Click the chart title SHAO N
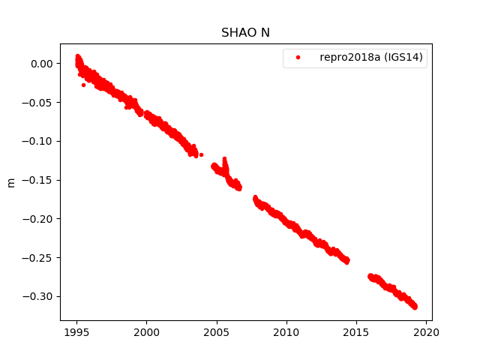click(245, 33)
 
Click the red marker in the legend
click(298, 58)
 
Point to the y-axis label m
click(10, 182)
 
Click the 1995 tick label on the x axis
click(76, 331)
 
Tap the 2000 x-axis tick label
click(146, 331)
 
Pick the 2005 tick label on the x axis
click(217, 331)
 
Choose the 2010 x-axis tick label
click(286, 331)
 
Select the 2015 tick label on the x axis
click(357, 331)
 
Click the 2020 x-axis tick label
click(427, 331)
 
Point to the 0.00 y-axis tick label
click(40, 64)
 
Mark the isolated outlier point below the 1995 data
click(83, 85)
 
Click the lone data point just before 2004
click(201, 154)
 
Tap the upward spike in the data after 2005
click(225, 159)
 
